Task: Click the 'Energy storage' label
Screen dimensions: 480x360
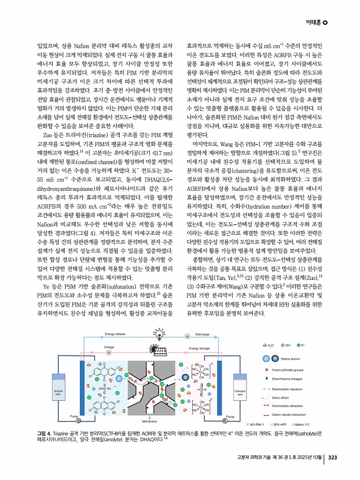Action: coord(200,332)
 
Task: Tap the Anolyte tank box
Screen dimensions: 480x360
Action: coord(58,393)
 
